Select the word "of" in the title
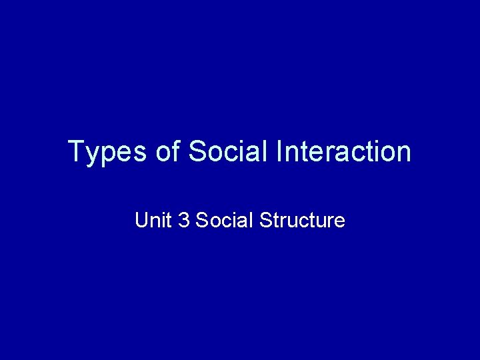tap(167, 152)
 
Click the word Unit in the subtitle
tap(153, 220)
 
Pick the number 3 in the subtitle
tap(184, 220)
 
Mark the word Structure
tap(302, 220)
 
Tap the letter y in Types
tap(92, 155)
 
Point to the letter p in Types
tap(107, 155)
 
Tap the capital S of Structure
tap(265, 220)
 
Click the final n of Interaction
tap(403, 153)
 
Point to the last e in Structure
tap(340, 221)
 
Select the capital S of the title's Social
tap(197, 152)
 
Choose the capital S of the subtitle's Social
tap(202, 220)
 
